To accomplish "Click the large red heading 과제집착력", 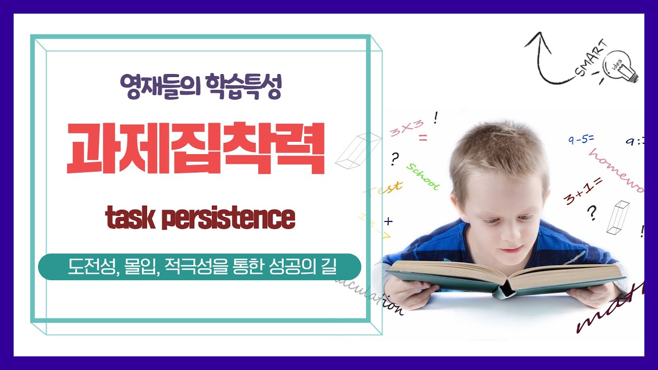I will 196,149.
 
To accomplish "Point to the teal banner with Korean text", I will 199,267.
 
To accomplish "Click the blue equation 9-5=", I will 581,139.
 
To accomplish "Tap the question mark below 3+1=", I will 592,212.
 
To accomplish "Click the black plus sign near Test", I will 388,221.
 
